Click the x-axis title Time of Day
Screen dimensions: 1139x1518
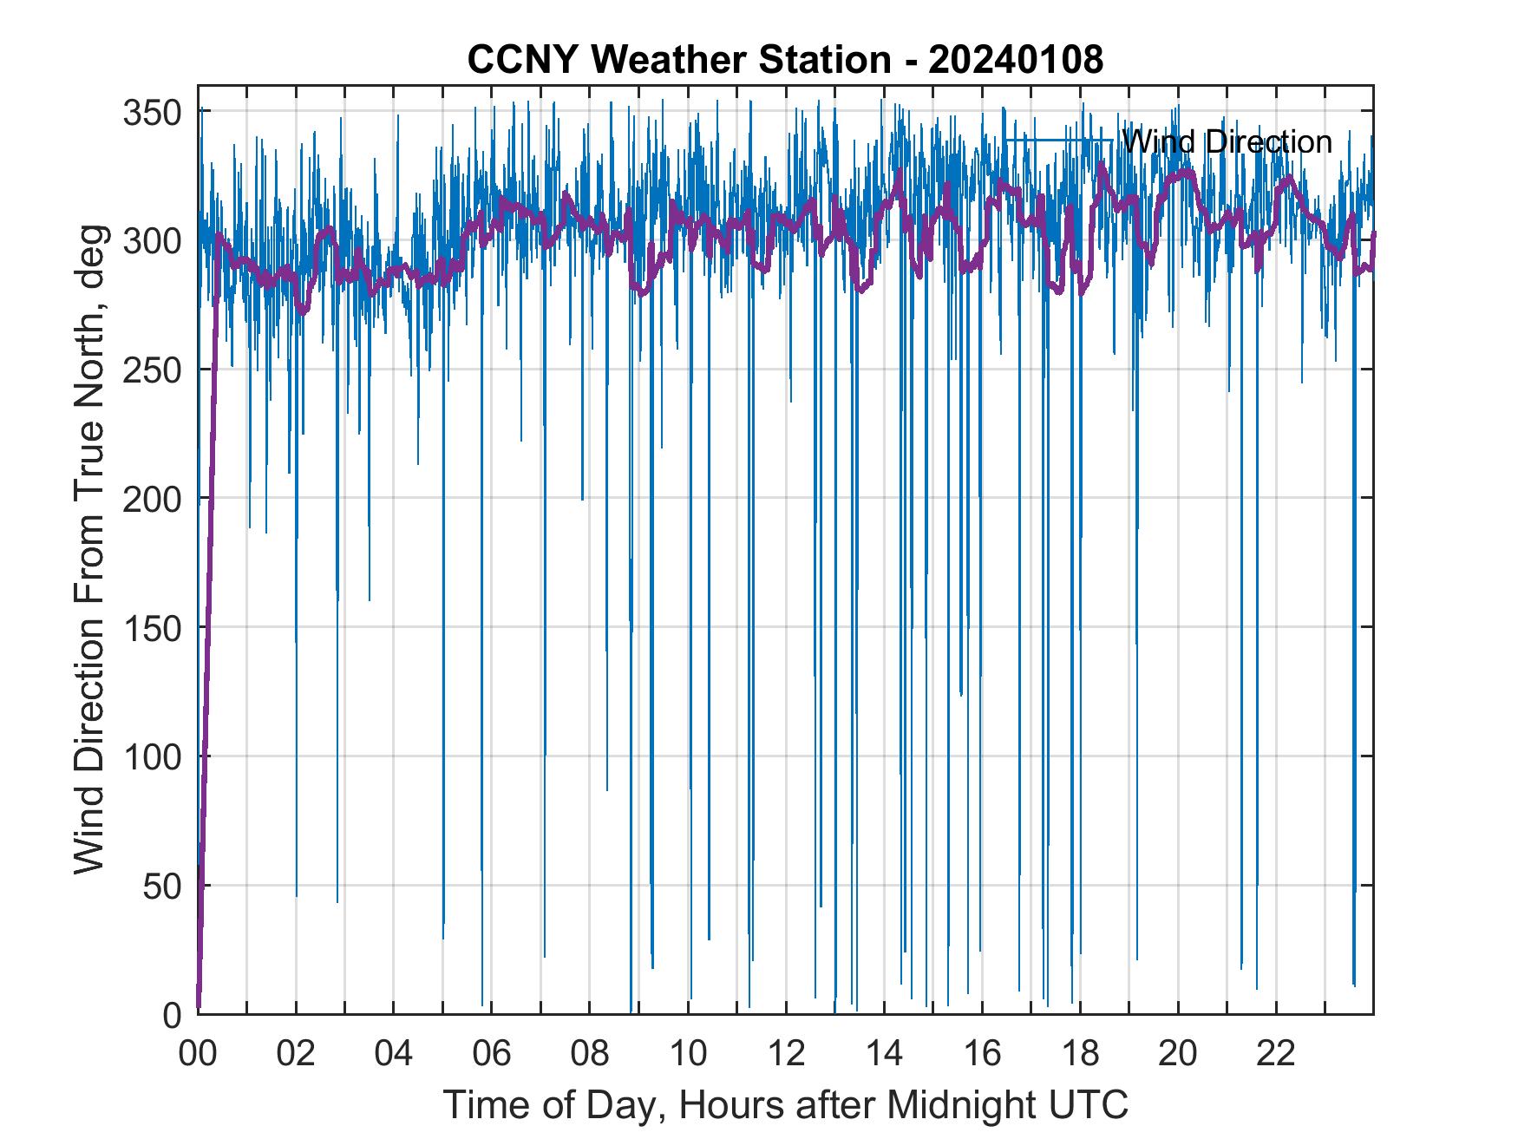coord(786,1105)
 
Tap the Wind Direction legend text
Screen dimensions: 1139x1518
coord(1227,141)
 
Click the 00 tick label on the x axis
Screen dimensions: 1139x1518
coord(199,1054)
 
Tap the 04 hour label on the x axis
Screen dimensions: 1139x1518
coord(394,1054)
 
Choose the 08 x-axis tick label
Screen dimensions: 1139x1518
coord(590,1054)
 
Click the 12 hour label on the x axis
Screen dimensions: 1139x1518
coord(786,1054)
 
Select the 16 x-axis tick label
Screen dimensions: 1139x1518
coord(982,1054)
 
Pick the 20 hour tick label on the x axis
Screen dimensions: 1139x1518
coord(1178,1054)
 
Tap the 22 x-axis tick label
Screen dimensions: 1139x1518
coord(1276,1054)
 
